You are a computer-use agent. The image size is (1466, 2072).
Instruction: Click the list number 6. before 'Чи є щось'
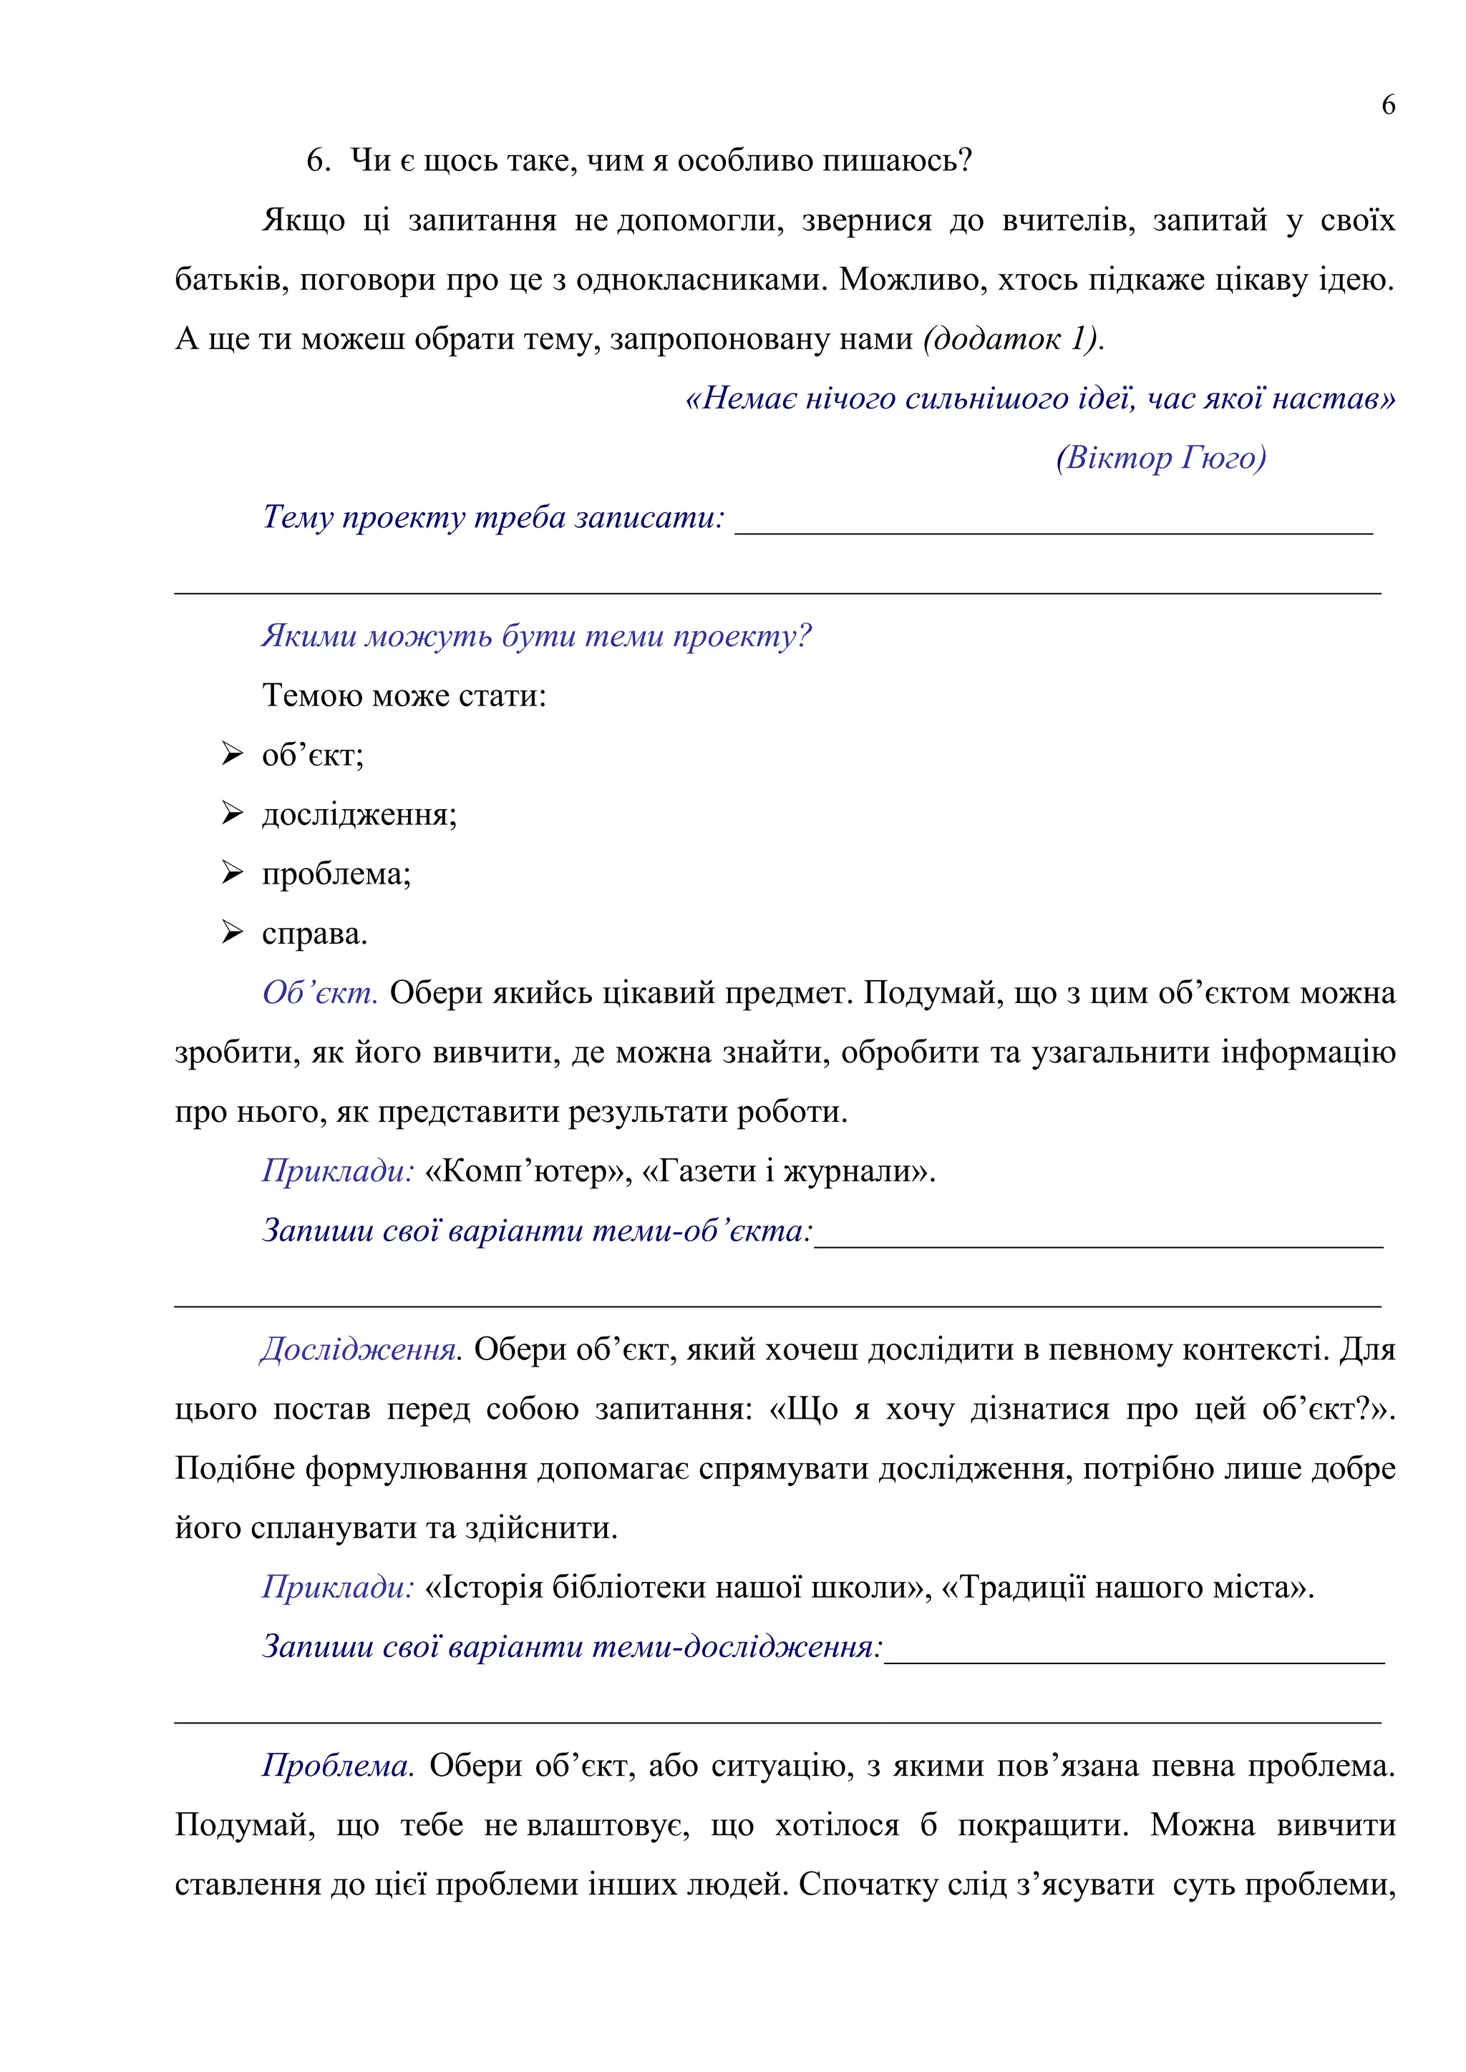(x=318, y=161)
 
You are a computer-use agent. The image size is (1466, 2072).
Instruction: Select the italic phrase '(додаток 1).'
(x=1013, y=338)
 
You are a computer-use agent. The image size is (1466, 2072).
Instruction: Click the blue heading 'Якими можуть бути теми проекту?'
(x=536, y=636)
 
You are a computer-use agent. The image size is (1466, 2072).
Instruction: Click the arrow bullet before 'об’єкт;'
(x=232, y=753)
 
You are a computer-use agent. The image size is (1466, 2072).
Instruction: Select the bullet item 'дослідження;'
(x=359, y=814)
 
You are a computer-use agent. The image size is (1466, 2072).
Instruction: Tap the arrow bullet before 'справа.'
(x=232, y=932)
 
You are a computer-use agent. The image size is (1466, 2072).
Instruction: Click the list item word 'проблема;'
(x=336, y=874)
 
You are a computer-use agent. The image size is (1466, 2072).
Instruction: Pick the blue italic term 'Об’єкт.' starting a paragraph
(x=319, y=992)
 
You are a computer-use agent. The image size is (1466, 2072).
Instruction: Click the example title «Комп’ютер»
(x=526, y=1171)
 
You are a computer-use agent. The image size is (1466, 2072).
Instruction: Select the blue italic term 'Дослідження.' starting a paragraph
(x=360, y=1349)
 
